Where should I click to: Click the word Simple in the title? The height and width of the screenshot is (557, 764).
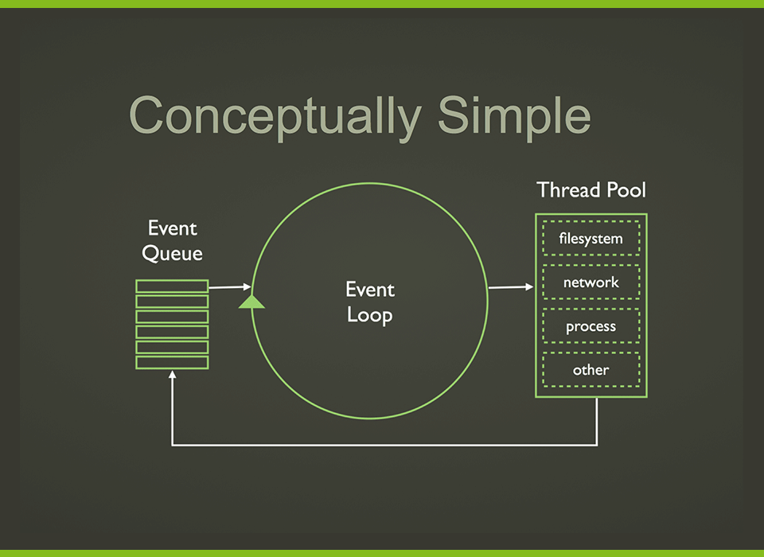point(513,116)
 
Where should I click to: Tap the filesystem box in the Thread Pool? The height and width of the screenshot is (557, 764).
point(591,238)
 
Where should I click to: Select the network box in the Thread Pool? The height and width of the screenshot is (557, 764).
point(591,282)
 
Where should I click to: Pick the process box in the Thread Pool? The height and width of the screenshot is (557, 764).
point(591,326)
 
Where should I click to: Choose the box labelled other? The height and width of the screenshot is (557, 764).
point(591,370)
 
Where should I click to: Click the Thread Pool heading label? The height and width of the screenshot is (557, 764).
point(591,190)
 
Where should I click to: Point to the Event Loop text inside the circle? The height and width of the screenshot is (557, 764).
point(370,302)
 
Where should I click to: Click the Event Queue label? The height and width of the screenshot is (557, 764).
point(172,241)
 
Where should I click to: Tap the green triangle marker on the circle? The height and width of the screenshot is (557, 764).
point(251,301)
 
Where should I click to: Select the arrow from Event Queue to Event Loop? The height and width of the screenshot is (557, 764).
point(230,286)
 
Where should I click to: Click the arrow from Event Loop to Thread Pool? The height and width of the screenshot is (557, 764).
point(510,286)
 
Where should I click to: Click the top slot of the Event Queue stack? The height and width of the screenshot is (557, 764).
point(172,286)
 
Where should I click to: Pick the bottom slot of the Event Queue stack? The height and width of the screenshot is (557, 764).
point(172,362)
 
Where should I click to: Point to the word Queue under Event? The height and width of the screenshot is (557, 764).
point(172,254)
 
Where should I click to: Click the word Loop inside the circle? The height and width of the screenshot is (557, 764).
point(370,315)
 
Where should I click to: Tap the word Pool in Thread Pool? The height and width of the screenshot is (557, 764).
point(625,190)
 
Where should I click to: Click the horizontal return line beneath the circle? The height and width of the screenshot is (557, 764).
point(382,445)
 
